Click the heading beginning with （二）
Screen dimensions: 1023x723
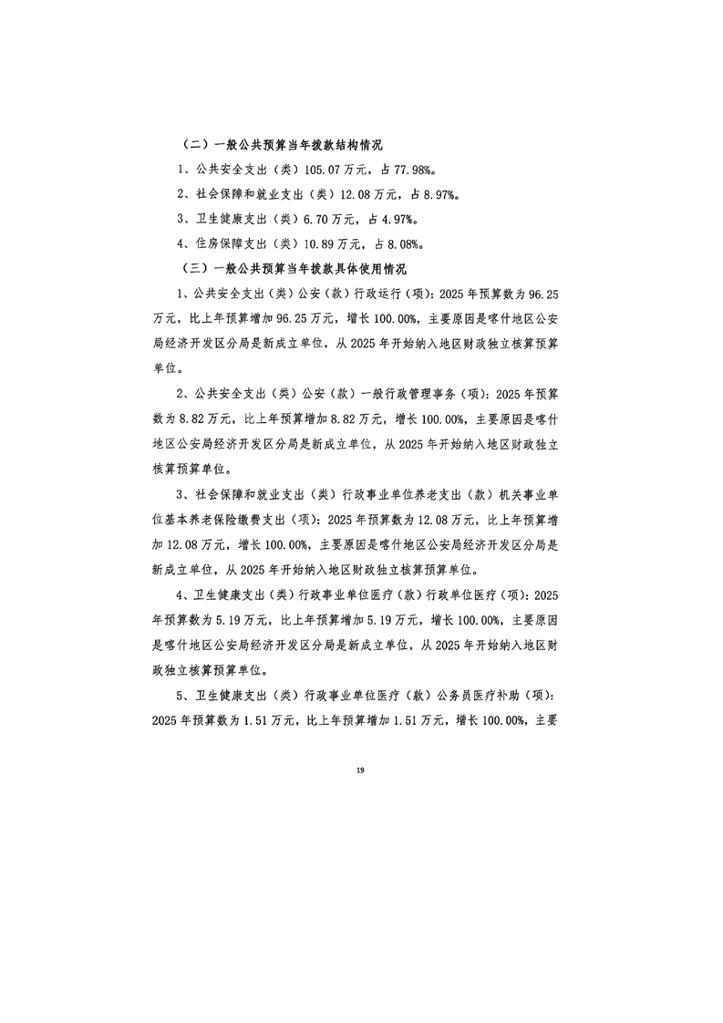point(282,145)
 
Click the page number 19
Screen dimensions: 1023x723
point(361,771)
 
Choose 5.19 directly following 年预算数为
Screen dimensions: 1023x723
point(228,620)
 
